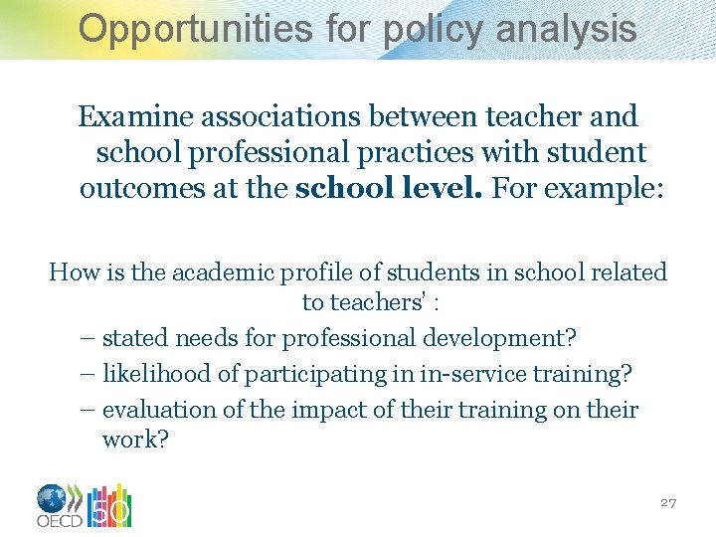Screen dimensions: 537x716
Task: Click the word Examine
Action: tap(136, 117)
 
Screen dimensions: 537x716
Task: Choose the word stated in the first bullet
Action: tap(135, 338)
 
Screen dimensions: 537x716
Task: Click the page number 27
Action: tap(668, 503)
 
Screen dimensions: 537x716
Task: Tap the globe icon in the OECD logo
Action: tap(52, 498)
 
